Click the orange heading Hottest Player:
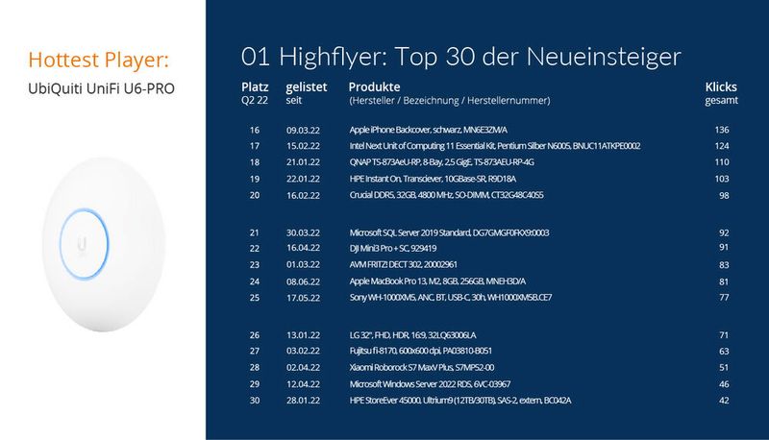pos(100,61)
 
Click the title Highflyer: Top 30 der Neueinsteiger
pos(461,55)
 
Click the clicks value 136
pos(723,130)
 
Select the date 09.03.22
pos(306,130)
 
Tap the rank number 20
pos(255,195)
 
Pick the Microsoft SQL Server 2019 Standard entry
pos(449,232)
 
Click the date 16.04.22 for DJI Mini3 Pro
pos(306,248)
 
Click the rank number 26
pos(255,335)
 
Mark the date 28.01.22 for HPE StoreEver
pos(306,400)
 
